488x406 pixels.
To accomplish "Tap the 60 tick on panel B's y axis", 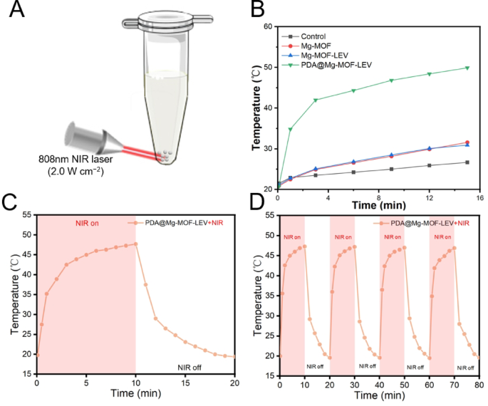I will [269, 26].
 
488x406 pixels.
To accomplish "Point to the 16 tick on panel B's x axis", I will [479, 197].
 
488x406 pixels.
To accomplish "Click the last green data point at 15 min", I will [467, 68].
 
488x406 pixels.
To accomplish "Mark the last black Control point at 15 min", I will [467, 162].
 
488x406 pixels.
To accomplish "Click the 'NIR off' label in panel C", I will [192, 368].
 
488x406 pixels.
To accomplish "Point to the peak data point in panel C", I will [135, 244].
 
